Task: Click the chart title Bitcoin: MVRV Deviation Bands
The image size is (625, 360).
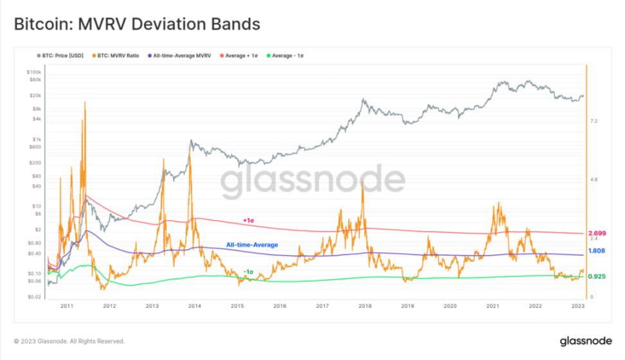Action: pyautogui.click(x=136, y=24)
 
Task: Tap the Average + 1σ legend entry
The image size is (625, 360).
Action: pyautogui.click(x=239, y=56)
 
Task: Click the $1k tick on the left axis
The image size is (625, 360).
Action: pyautogui.click(x=36, y=139)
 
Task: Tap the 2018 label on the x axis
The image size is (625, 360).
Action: pyautogui.click(x=365, y=306)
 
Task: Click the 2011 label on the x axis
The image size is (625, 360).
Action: pyautogui.click(x=66, y=306)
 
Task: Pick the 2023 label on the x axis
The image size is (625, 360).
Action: pyautogui.click(x=578, y=306)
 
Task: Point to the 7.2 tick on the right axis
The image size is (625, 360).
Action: pyautogui.click(x=594, y=121)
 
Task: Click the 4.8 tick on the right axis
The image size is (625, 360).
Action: pyautogui.click(x=594, y=180)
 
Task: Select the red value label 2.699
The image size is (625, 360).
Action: pyautogui.click(x=597, y=233)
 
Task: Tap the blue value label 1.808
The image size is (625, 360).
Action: pyautogui.click(x=597, y=251)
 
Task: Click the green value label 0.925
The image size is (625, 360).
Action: pyautogui.click(x=597, y=276)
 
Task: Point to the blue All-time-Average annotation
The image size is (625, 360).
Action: pyautogui.click(x=252, y=245)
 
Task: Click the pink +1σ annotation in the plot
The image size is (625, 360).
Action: pyautogui.click(x=249, y=221)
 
